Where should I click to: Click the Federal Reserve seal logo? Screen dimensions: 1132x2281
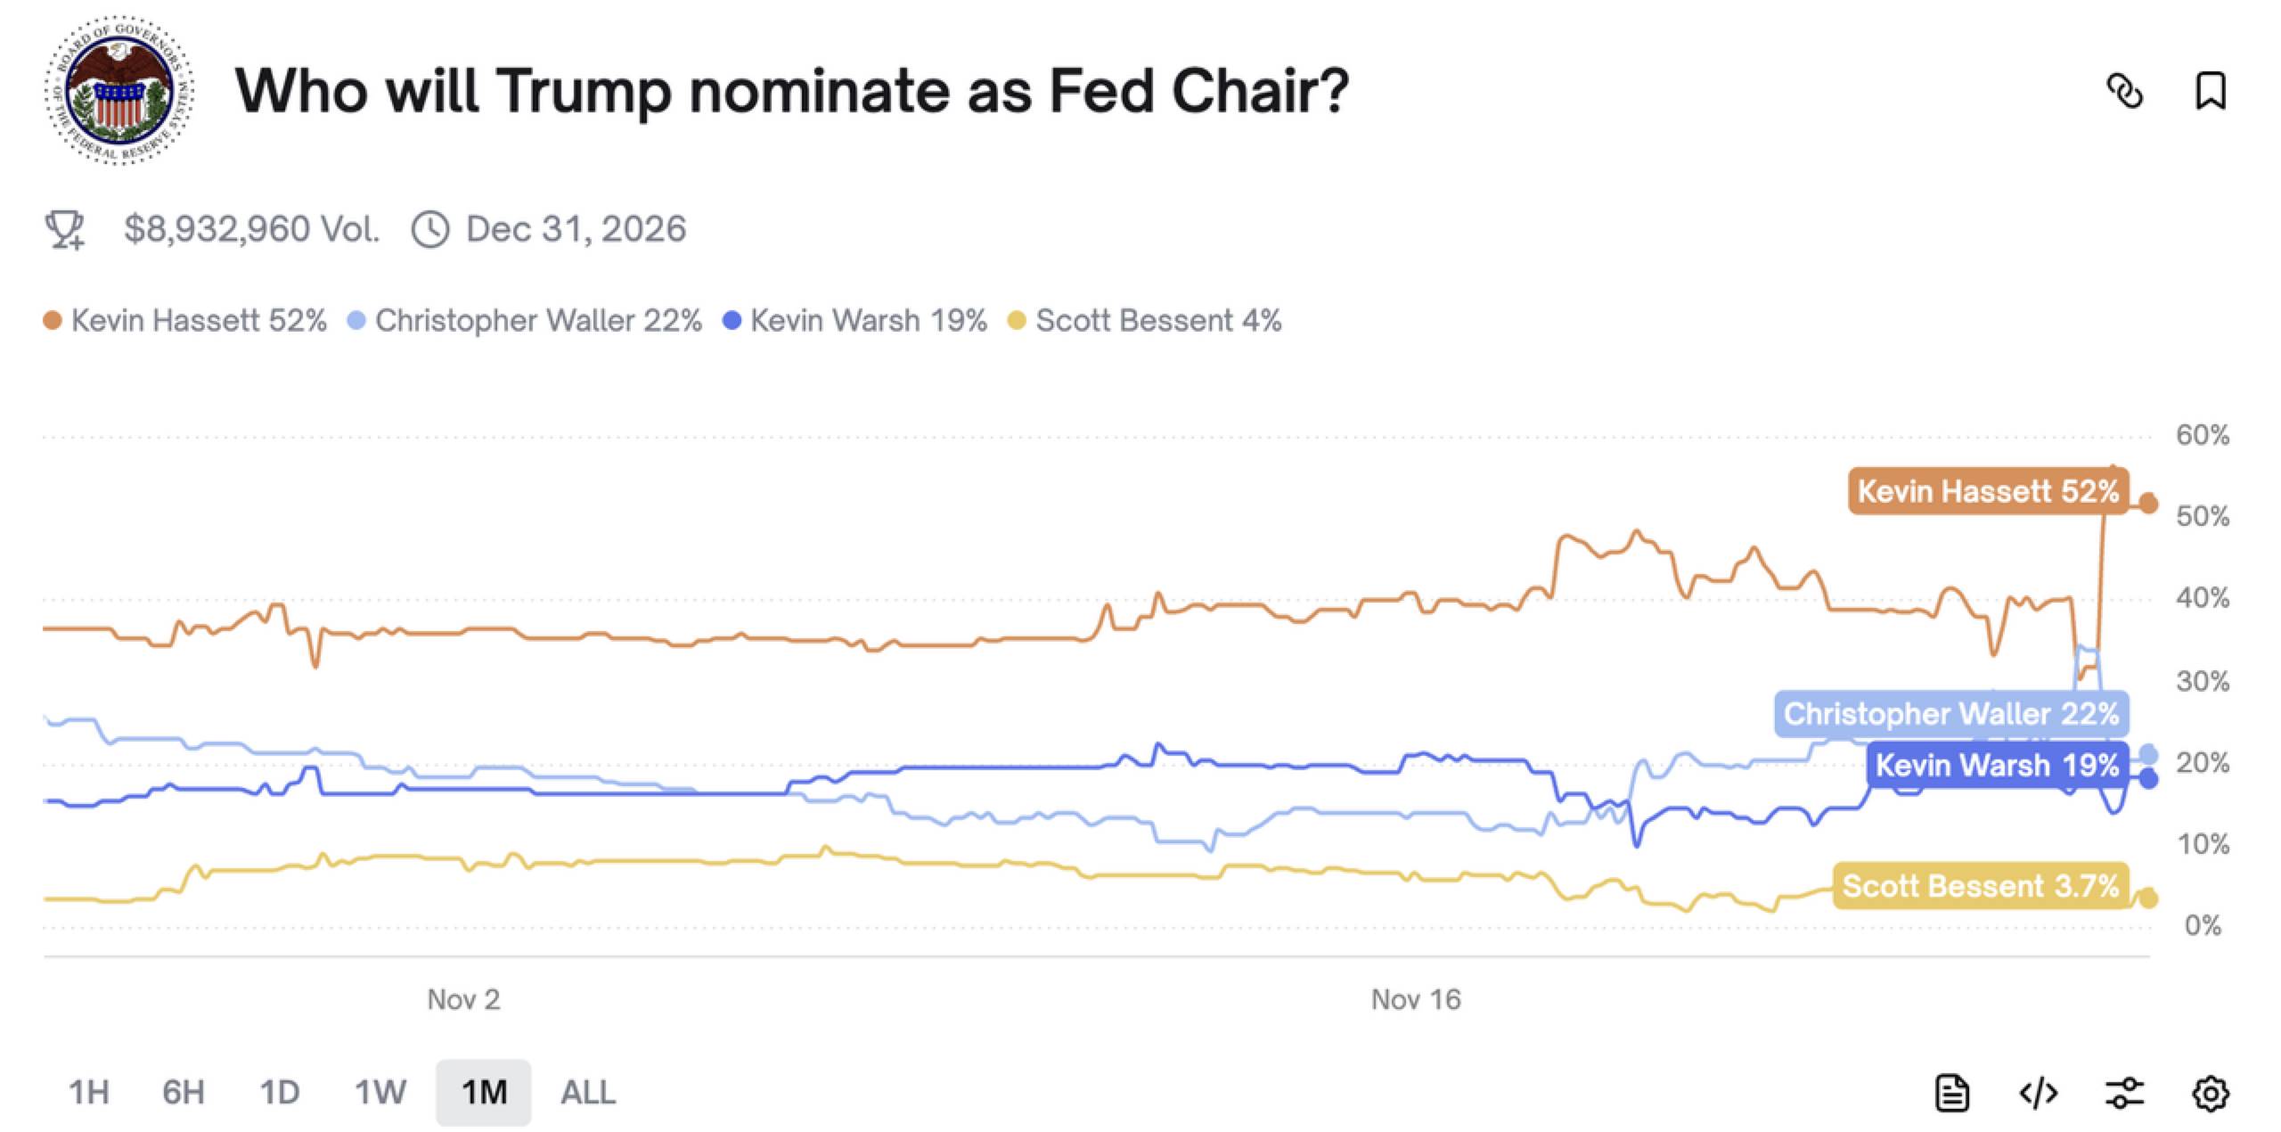click(119, 90)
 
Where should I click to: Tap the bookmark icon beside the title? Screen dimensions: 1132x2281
click(2210, 91)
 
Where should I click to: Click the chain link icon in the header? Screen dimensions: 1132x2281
click(2124, 91)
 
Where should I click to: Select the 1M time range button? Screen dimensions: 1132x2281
click(484, 1092)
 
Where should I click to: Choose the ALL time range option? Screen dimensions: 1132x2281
click(587, 1092)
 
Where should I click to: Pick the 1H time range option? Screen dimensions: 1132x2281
click(89, 1092)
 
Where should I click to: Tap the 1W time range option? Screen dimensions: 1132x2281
click(380, 1092)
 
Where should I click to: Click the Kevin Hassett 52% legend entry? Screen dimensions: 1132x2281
click(185, 321)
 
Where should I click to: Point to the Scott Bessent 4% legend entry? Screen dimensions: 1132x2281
click(1146, 321)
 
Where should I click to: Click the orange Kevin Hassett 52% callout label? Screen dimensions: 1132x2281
click(1987, 491)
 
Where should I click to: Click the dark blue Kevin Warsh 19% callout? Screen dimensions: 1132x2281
click(1996, 765)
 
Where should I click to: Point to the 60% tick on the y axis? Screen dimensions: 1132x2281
click(2202, 435)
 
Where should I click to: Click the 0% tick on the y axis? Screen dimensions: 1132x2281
click(2202, 925)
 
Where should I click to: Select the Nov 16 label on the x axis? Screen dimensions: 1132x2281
click(1416, 999)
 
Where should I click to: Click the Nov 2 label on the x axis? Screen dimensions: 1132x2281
click(463, 999)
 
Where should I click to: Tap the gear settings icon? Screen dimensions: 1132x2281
click(2210, 1093)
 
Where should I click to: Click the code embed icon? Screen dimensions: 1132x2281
click(2038, 1093)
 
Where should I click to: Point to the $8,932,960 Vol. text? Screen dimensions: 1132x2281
click(251, 229)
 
